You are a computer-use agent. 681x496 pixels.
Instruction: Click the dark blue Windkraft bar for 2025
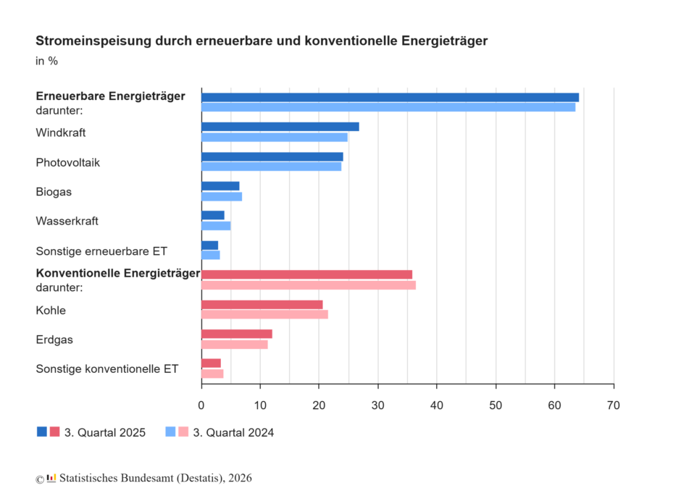(x=280, y=127)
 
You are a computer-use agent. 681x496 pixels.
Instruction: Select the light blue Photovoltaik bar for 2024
(x=271, y=167)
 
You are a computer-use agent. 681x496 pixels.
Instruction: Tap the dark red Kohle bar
(x=262, y=304)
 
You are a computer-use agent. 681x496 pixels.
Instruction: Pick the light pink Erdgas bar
(x=234, y=344)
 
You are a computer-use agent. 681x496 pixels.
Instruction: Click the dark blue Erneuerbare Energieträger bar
(x=390, y=97)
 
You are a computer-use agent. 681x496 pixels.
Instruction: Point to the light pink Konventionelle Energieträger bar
(x=308, y=285)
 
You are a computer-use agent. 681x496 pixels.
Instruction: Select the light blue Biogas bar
(x=221, y=196)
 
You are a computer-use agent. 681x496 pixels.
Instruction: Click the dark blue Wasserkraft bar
(x=212, y=215)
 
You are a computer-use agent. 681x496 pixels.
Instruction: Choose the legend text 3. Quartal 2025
(x=105, y=433)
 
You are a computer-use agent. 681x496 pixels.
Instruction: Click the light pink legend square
(x=183, y=432)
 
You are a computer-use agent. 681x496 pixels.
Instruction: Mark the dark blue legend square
(x=42, y=432)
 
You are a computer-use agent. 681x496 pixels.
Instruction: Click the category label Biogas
(x=54, y=192)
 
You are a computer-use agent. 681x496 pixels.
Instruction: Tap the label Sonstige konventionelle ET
(x=106, y=369)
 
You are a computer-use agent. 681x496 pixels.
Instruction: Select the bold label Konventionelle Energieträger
(x=117, y=273)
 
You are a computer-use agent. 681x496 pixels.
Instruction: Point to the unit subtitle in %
(x=46, y=61)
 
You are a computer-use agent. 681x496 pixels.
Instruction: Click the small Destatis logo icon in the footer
(x=51, y=478)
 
